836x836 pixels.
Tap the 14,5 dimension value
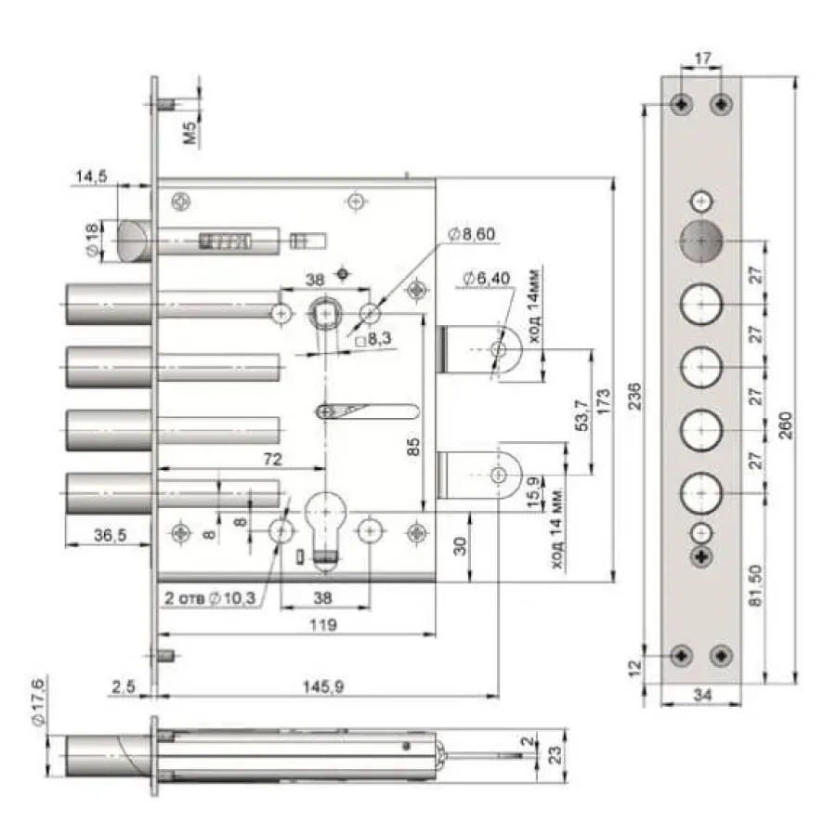click(x=91, y=176)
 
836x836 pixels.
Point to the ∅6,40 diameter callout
click(x=486, y=278)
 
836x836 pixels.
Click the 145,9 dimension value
click(x=323, y=686)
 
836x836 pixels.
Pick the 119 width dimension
click(x=323, y=624)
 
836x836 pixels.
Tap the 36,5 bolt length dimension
click(x=110, y=535)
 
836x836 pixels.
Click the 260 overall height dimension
click(x=786, y=425)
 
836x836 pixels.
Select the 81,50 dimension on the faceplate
click(x=755, y=585)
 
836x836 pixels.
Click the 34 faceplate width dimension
click(x=702, y=695)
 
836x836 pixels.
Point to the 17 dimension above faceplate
click(x=703, y=58)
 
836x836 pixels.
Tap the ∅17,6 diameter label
click(x=39, y=700)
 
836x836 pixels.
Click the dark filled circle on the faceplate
click(x=701, y=241)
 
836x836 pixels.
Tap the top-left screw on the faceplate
click(x=682, y=103)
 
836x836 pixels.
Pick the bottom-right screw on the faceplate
click(x=722, y=656)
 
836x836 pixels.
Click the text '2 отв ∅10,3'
click(x=210, y=597)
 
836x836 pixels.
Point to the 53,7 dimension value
click(x=582, y=415)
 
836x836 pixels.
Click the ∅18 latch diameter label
click(x=92, y=239)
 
